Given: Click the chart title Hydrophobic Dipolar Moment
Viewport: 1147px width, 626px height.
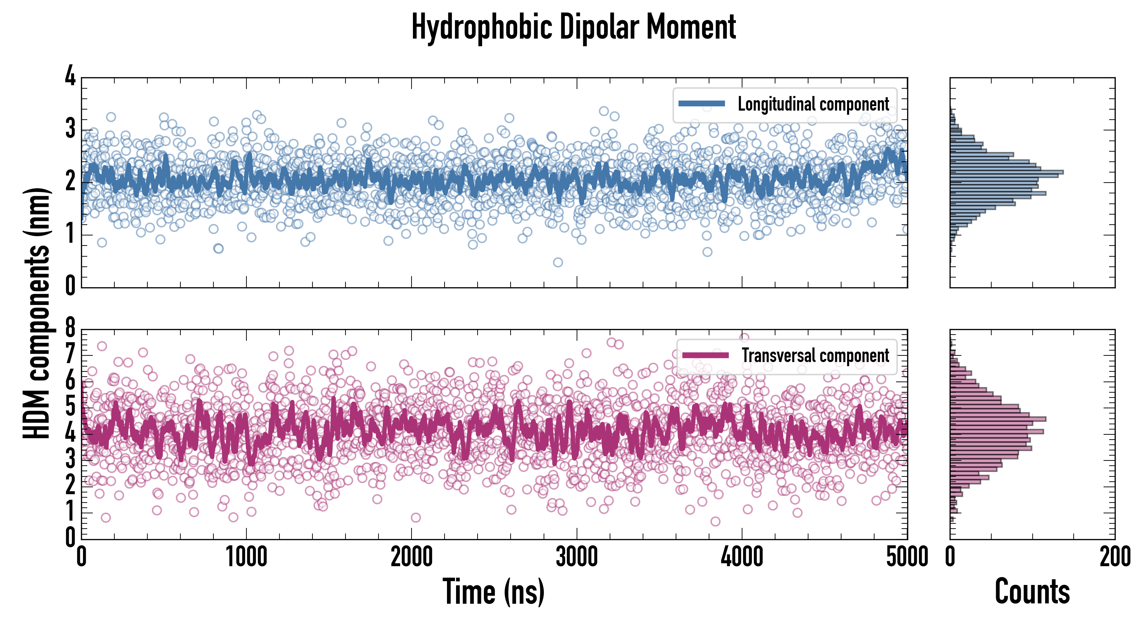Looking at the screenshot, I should [x=573, y=27].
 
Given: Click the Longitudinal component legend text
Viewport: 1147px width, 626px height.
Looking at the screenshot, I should [x=813, y=104].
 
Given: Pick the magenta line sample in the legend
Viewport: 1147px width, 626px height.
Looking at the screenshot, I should [x=705, y=355].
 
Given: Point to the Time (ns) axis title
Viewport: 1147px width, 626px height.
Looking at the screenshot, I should [x=493, y=592].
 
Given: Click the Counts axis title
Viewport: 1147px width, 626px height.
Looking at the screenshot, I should [x=1032, y=592].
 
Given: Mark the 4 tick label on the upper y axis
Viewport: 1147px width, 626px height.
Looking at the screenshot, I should [x=70, y=76].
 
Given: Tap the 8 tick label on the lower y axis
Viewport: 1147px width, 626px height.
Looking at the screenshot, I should [x=70, y=328].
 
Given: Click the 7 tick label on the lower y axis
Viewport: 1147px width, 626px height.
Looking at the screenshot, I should [x=70, y=355].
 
